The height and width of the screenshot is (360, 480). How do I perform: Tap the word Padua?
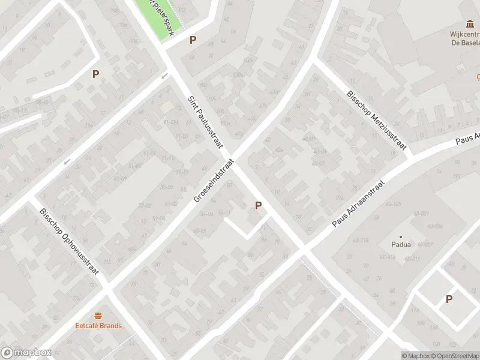click(x=401, y=245)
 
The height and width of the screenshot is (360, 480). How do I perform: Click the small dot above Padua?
click(x=401, y=236)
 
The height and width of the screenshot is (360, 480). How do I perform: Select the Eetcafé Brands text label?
click(x=98, y=326)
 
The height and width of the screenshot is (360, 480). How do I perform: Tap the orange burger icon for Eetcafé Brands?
click(x=98, y=316)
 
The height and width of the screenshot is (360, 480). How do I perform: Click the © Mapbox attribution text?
click(x=415, y=356)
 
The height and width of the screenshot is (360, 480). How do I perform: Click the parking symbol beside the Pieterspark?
click(x=193, y=40)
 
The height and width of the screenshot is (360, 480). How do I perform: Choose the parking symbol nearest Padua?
click(x=448, y=299)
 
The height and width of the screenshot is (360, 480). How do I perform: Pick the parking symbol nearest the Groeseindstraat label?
click(x=258, y=205)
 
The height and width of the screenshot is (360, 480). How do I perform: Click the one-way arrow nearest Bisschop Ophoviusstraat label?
click(x=67, y=161)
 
